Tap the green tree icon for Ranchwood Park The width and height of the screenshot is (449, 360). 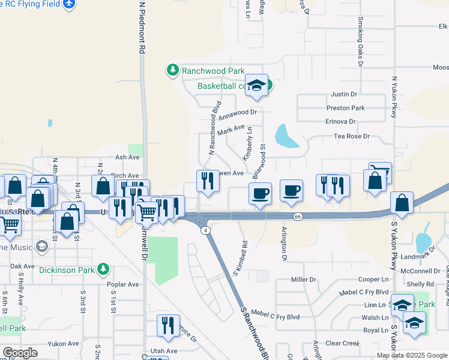pos(173,70)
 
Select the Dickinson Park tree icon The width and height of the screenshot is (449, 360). pos(104,268)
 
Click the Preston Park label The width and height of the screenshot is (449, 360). pos(345,108)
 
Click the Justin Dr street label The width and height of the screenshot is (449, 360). pos(344,94)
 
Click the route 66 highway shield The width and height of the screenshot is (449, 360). pos(297,216)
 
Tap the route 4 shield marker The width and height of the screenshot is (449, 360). pos(206,230)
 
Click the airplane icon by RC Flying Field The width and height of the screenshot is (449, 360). pos(69,4)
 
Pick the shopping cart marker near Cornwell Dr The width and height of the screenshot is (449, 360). pos(147,212)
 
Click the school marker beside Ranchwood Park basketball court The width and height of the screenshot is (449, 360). pos(256,86)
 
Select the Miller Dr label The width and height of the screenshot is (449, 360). pos(303,280)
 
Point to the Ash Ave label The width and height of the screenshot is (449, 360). pos(127,157)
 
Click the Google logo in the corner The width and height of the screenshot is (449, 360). pos(20,353)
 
